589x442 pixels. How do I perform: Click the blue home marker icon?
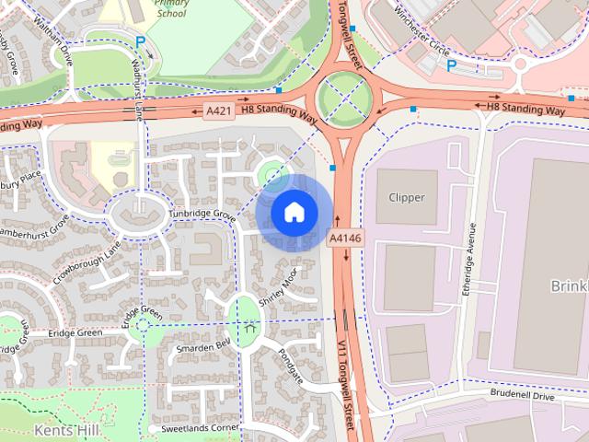point(293,212)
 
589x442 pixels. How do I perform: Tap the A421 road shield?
point(218,111)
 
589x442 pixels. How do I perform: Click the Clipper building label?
point(407,197)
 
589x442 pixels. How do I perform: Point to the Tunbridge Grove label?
point(202,214)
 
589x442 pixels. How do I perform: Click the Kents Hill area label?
point(59,429)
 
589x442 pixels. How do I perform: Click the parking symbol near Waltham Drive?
point(140,41)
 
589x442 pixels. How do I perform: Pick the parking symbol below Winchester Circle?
point(451,65)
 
